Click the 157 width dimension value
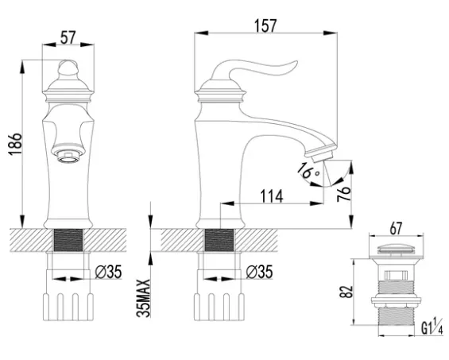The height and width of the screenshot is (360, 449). (265, 25)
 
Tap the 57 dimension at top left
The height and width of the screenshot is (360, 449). (68, 37)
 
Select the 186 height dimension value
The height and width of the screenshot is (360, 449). (15, 144)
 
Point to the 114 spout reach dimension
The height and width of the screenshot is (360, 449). (272, 196)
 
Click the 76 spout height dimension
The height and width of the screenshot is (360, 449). (344, 194)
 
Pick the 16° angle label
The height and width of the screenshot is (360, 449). (308, 171)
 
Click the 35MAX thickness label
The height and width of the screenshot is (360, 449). (143, 298)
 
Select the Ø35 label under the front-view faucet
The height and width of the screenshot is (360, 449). (109, 272)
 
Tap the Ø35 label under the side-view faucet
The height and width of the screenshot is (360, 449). (259, 272)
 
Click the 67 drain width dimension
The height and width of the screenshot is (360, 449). (396, 228)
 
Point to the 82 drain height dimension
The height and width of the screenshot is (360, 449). (346, 292)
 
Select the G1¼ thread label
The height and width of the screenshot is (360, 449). (432, 326)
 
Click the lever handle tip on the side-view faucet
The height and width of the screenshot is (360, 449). (296, 63)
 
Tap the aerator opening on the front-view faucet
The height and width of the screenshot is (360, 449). (68, 156)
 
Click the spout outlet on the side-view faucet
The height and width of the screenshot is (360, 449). (322, 155)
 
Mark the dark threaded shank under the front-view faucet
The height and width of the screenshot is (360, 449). (68, 240)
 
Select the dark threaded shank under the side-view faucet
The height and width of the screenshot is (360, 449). (219, 240)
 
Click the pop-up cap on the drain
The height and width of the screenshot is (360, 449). (396, 249)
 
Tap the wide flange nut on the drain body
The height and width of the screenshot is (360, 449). (396, 300)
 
